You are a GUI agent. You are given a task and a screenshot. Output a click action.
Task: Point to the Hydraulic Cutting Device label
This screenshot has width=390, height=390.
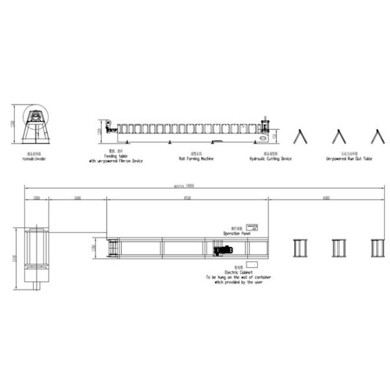click(x=270, y=158)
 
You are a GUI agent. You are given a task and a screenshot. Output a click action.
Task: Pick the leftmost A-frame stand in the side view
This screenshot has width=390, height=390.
click(x=300, y=136)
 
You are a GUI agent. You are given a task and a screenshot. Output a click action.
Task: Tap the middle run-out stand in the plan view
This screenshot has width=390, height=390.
click(x=339, y=249)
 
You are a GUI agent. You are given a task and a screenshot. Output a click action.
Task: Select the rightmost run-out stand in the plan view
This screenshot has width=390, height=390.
click(x=378, y=249)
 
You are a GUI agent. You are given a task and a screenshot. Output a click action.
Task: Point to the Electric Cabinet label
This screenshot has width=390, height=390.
click(x=238, y=272)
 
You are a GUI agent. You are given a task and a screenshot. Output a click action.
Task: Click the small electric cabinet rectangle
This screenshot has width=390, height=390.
click(x=251, y=264)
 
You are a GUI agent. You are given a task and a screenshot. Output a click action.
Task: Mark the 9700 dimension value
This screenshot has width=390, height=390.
click(x=187, y=196)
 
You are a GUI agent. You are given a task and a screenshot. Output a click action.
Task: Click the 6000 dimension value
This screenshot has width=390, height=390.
click(x=326, y=196)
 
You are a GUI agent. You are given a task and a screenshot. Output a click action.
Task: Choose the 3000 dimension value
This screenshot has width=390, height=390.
click(x=77, y=196)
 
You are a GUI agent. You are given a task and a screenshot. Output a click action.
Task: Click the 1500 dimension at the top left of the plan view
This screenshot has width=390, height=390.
click(x=36, y=196)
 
